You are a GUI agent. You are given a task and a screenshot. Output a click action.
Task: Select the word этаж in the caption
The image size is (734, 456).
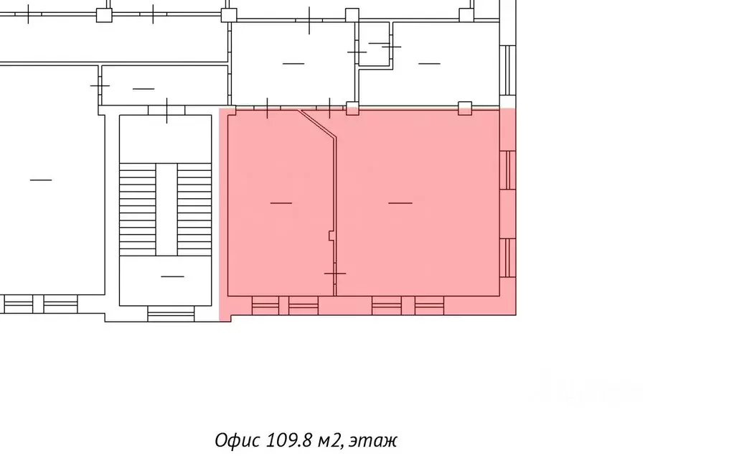point(373,439)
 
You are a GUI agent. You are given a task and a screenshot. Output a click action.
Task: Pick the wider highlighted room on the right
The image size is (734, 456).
point(416,203)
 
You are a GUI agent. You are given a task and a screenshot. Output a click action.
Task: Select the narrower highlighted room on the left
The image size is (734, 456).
point(280,203)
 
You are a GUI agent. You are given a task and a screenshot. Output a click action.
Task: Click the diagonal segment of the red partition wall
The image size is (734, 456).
point(317,123)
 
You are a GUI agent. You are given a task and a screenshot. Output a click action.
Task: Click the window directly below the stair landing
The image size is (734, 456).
point(171,314)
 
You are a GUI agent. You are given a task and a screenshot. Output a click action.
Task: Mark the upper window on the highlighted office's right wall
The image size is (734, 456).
point(508,169)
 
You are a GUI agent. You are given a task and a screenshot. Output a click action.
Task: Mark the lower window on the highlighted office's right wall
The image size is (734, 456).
point(508,258)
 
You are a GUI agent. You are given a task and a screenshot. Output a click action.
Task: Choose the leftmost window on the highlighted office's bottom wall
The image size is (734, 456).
point(265,306)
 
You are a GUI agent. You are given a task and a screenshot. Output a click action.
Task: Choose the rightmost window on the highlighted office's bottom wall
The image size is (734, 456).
point(429,306)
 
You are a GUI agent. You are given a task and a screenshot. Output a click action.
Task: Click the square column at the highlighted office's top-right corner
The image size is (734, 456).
point(465,108)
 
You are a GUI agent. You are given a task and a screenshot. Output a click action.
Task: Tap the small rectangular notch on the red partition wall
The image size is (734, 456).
point(330,235)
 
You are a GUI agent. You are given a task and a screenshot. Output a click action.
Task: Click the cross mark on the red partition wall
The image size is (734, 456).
point(334,274)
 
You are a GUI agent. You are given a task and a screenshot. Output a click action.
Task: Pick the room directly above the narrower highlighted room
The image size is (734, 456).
point(293,63)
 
